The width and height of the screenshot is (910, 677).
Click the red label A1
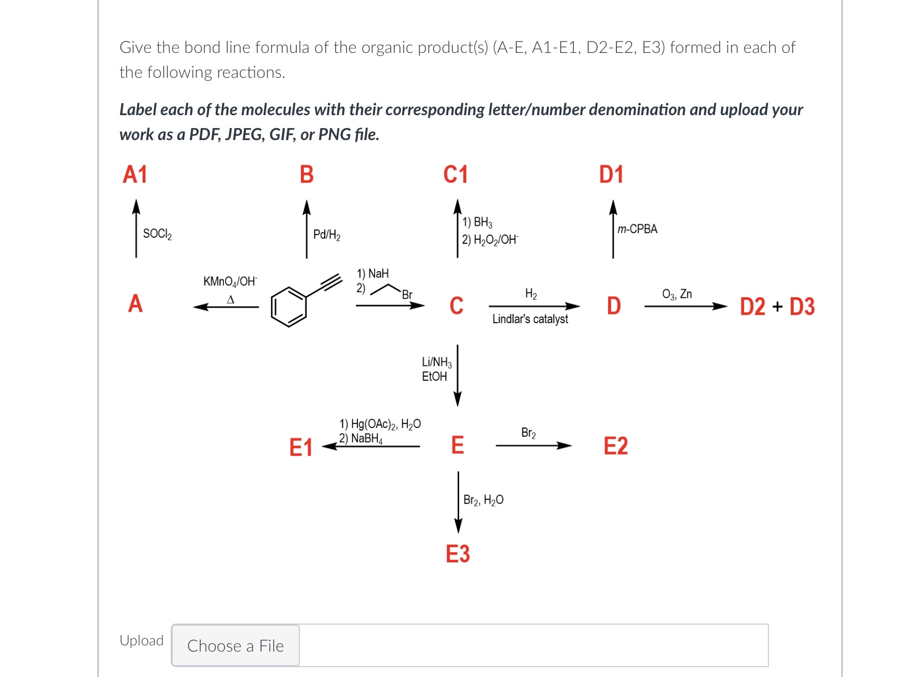(135, 174)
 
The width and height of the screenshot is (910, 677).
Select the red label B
(307, 174)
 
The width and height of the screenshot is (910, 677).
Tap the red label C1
(456, 174)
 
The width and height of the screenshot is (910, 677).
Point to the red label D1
(611, 174)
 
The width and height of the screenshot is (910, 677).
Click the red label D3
(802, 307)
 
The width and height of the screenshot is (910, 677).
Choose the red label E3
(458, 554)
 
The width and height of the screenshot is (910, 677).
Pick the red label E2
(616, 446)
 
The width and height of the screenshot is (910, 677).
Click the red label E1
(301, 447)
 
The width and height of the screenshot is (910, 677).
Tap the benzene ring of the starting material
(288, 307)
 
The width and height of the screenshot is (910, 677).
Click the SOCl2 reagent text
(157, 234)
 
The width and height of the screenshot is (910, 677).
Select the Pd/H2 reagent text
(327, 235)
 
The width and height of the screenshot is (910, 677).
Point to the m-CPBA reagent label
(638, 229)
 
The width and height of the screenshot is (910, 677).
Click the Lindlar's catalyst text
(530, 319)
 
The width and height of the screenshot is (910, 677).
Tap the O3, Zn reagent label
(677, 294)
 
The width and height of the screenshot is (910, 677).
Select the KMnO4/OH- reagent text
(230, 281)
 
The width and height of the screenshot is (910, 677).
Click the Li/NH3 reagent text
(437, 362)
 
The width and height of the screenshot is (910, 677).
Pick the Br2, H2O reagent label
(484, 500)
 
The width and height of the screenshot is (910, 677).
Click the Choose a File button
(236, 645)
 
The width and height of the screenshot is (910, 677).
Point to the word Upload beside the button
(142, 641)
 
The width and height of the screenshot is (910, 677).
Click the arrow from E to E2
(534, 445)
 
